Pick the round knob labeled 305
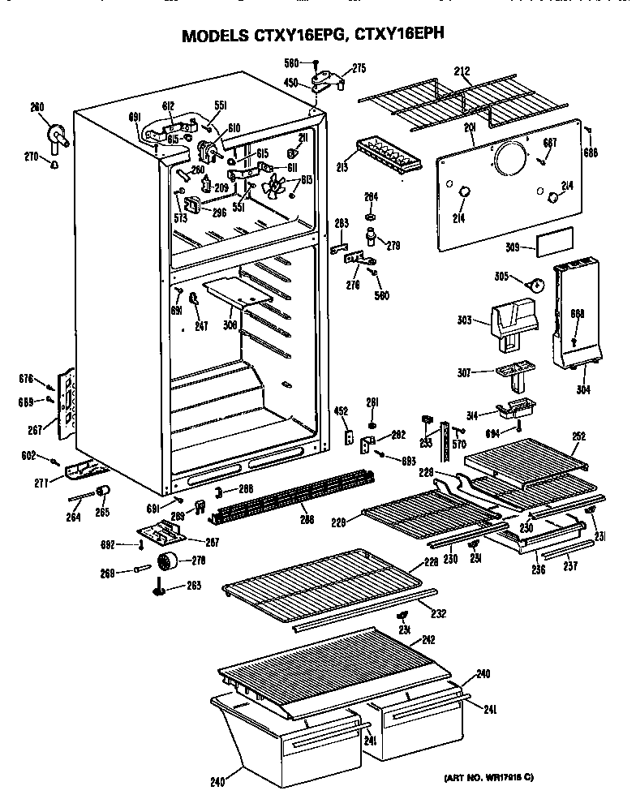tap(536, 285)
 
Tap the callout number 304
tap(582, 389)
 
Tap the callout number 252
tap(578, 436)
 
